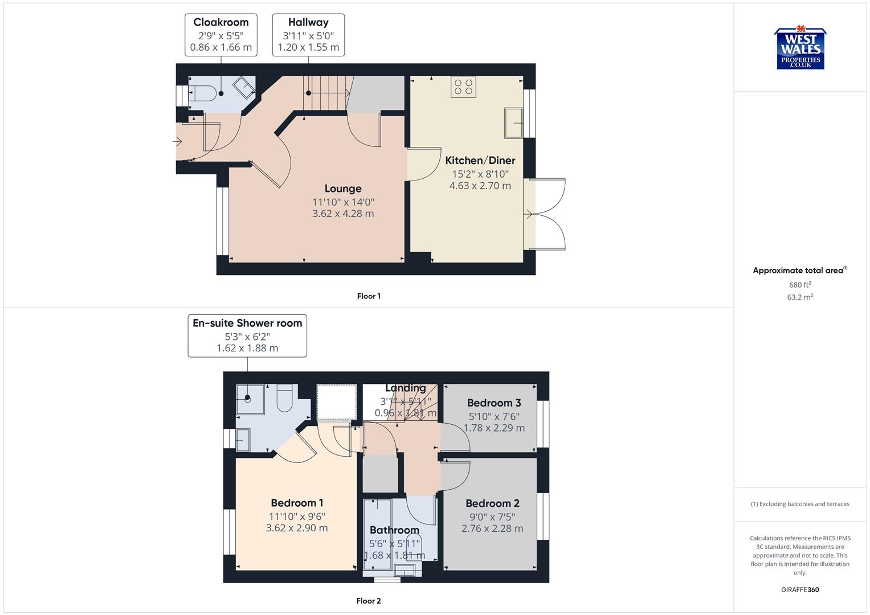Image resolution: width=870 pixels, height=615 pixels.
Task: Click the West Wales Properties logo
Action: click(800, 49)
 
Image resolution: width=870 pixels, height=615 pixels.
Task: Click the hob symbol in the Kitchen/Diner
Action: click(463, 87)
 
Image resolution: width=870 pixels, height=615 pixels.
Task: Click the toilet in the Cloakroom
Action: click(202, 93)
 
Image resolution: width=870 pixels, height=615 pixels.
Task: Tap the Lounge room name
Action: click(343, 188)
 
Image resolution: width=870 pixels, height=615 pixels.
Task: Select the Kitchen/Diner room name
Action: click(480, 161)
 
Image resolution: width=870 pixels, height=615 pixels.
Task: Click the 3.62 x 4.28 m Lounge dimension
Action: click(343, 214)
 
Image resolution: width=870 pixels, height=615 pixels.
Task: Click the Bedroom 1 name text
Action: click(297, 503)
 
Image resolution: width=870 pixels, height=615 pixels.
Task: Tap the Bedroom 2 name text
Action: click(492, 503)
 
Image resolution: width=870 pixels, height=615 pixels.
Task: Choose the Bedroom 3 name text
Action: click(494, 403)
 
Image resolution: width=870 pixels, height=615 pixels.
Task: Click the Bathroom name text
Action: click(394, 530)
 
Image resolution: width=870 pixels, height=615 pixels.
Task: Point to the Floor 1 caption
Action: click(369, 296)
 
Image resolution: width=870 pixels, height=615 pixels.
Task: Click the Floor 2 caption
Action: click(369, 601)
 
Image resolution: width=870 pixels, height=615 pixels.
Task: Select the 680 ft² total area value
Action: click(800, 285)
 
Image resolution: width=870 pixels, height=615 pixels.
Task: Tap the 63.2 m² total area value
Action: click(800, 297)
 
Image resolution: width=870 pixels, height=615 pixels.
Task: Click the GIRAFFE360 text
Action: click(800, 590)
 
